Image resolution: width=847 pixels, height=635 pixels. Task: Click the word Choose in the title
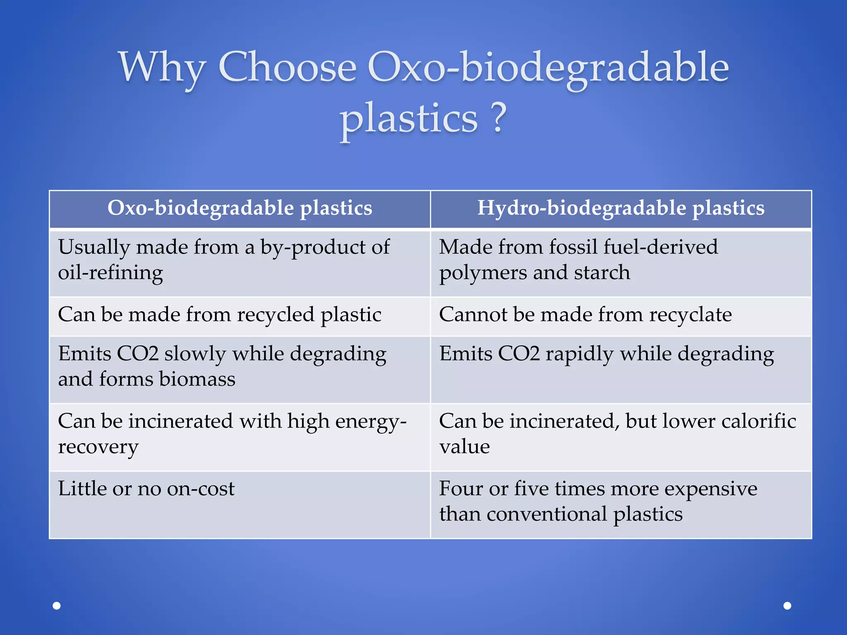[x=287, y=67]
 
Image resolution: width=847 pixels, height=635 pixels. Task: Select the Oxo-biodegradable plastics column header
[x=240, y=208]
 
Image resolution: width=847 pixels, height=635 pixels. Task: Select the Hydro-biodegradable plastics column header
[x=621, y=208]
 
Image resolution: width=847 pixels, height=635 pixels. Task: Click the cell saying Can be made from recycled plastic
[x=219, y=315]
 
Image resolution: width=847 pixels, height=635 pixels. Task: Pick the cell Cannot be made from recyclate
[x=585, y=315]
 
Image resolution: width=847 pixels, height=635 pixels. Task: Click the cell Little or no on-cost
[x=146, y=489]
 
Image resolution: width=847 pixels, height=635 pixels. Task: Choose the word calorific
[x=758, y=422]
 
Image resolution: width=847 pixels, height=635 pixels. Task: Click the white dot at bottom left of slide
[x=57, y=606]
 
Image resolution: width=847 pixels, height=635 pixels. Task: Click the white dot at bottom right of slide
[x=787, y=606]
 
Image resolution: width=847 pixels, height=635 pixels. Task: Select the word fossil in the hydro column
[x=573, y=247]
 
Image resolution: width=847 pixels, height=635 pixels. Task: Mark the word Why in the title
[x=162, y=67]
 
